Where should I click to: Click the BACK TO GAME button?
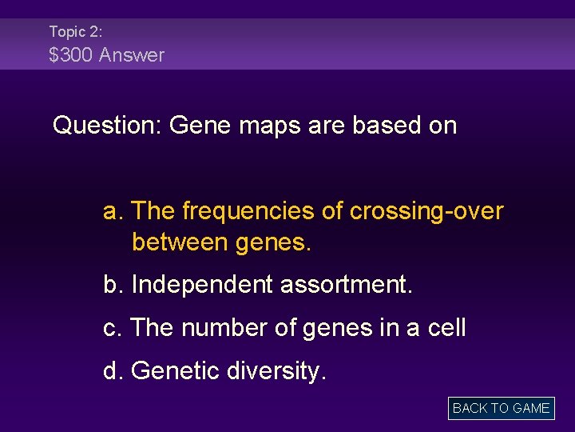501,408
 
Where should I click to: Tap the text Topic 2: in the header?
75,31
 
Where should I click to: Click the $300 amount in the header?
71,55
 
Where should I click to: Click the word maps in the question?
272,126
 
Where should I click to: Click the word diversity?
277,371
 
